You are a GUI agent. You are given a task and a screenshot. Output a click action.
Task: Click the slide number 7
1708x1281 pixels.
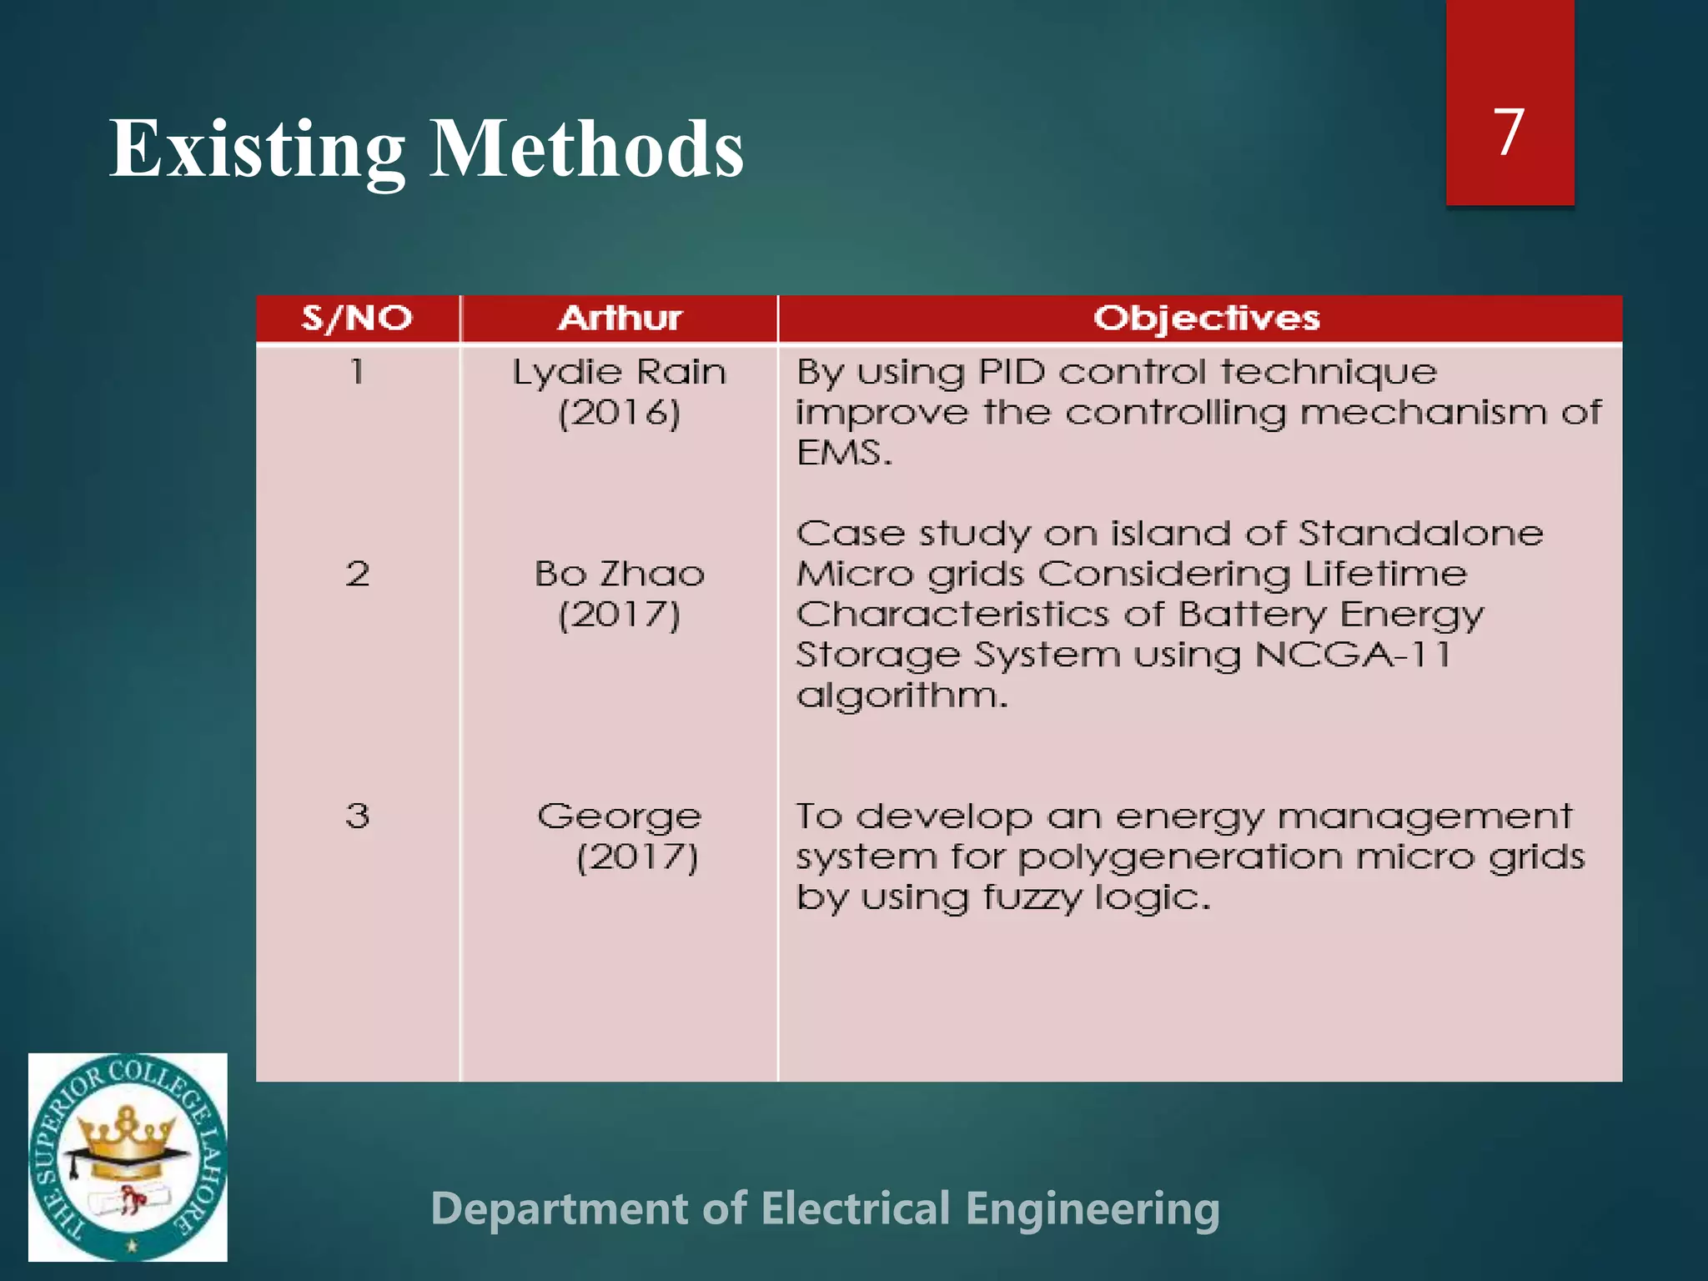coord(1509,132)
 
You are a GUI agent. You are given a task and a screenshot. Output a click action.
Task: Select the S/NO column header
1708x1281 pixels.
coord(357,319)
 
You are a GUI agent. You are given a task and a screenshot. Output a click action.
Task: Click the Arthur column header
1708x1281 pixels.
coord(620,319)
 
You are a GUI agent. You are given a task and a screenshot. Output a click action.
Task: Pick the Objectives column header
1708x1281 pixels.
coord(1206,319)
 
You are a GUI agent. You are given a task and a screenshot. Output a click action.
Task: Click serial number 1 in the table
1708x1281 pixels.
coord(357,371)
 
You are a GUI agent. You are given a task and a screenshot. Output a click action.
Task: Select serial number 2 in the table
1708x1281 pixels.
coord(357,574)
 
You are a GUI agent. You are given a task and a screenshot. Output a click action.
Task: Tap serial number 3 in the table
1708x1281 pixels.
coord(357,816)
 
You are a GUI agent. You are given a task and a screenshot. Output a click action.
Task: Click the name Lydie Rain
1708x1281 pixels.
coord(620,372)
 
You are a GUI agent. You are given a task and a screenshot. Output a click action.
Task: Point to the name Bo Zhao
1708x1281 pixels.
coord(620,574)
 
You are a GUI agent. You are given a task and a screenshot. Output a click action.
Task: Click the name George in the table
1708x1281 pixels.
coord(620,816)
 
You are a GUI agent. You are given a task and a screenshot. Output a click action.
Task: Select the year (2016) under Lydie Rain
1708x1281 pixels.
coord(620,413)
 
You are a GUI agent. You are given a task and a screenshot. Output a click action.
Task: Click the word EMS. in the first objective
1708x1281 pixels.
coord(844,453)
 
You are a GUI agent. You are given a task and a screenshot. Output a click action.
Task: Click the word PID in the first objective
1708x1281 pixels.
coord(1011,372)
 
